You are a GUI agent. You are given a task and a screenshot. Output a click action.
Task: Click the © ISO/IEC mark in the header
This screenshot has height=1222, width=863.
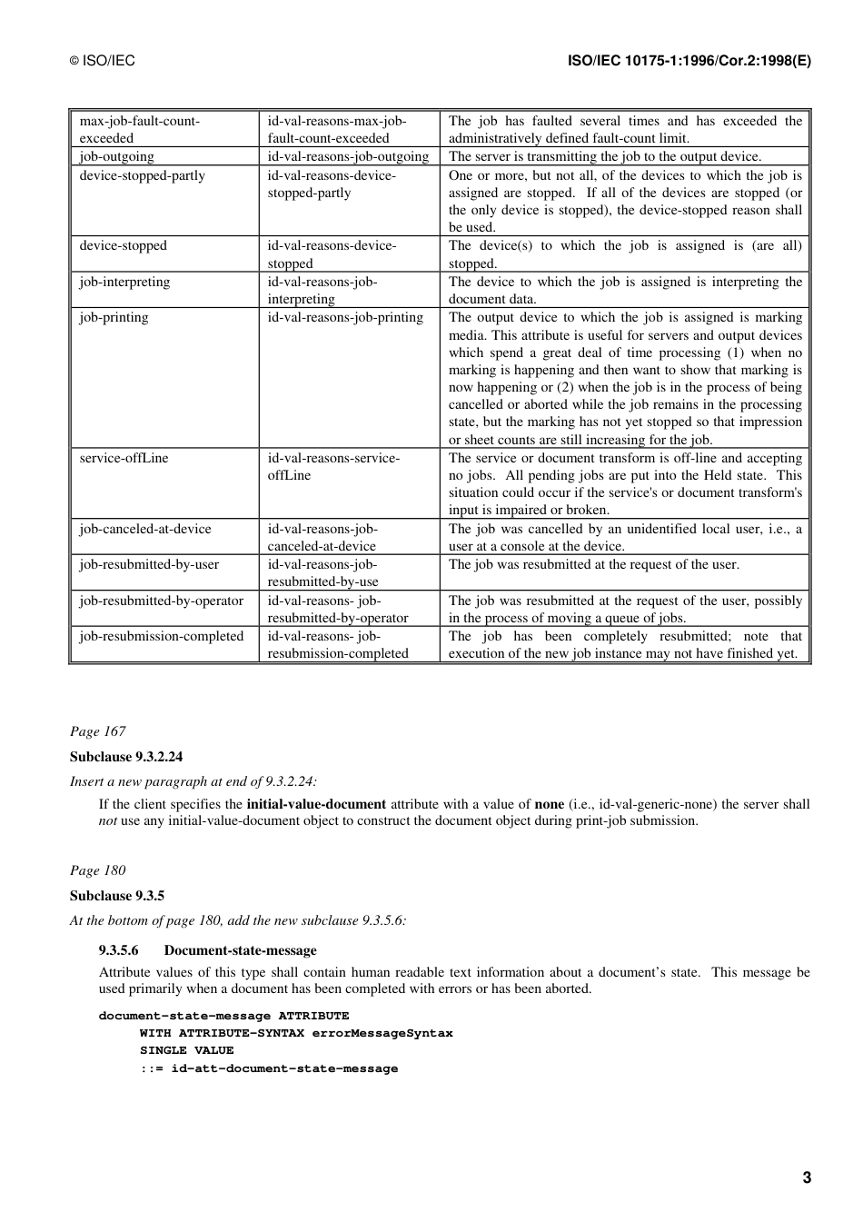[103, 61]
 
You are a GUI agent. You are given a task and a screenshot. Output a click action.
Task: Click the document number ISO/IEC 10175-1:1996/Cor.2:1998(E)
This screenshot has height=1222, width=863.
[689, 61]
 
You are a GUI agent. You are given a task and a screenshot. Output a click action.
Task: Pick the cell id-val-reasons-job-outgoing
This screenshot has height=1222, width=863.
[348, 156]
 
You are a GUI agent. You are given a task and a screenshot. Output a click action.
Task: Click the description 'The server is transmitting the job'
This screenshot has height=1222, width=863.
[605, 156]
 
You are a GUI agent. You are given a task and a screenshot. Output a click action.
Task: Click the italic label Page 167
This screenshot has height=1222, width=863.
[98, 731]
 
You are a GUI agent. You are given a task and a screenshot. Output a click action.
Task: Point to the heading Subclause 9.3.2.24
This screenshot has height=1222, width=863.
[126, 757]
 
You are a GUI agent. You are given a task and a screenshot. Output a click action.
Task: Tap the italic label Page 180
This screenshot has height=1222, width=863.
[98, 870]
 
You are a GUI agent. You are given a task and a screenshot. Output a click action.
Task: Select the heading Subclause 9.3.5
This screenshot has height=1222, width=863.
[117, 896]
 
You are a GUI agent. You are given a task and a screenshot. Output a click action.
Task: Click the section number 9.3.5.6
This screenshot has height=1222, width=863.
[119, 950]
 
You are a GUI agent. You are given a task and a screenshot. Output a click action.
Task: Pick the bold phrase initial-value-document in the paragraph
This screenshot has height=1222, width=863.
[316, 803]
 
